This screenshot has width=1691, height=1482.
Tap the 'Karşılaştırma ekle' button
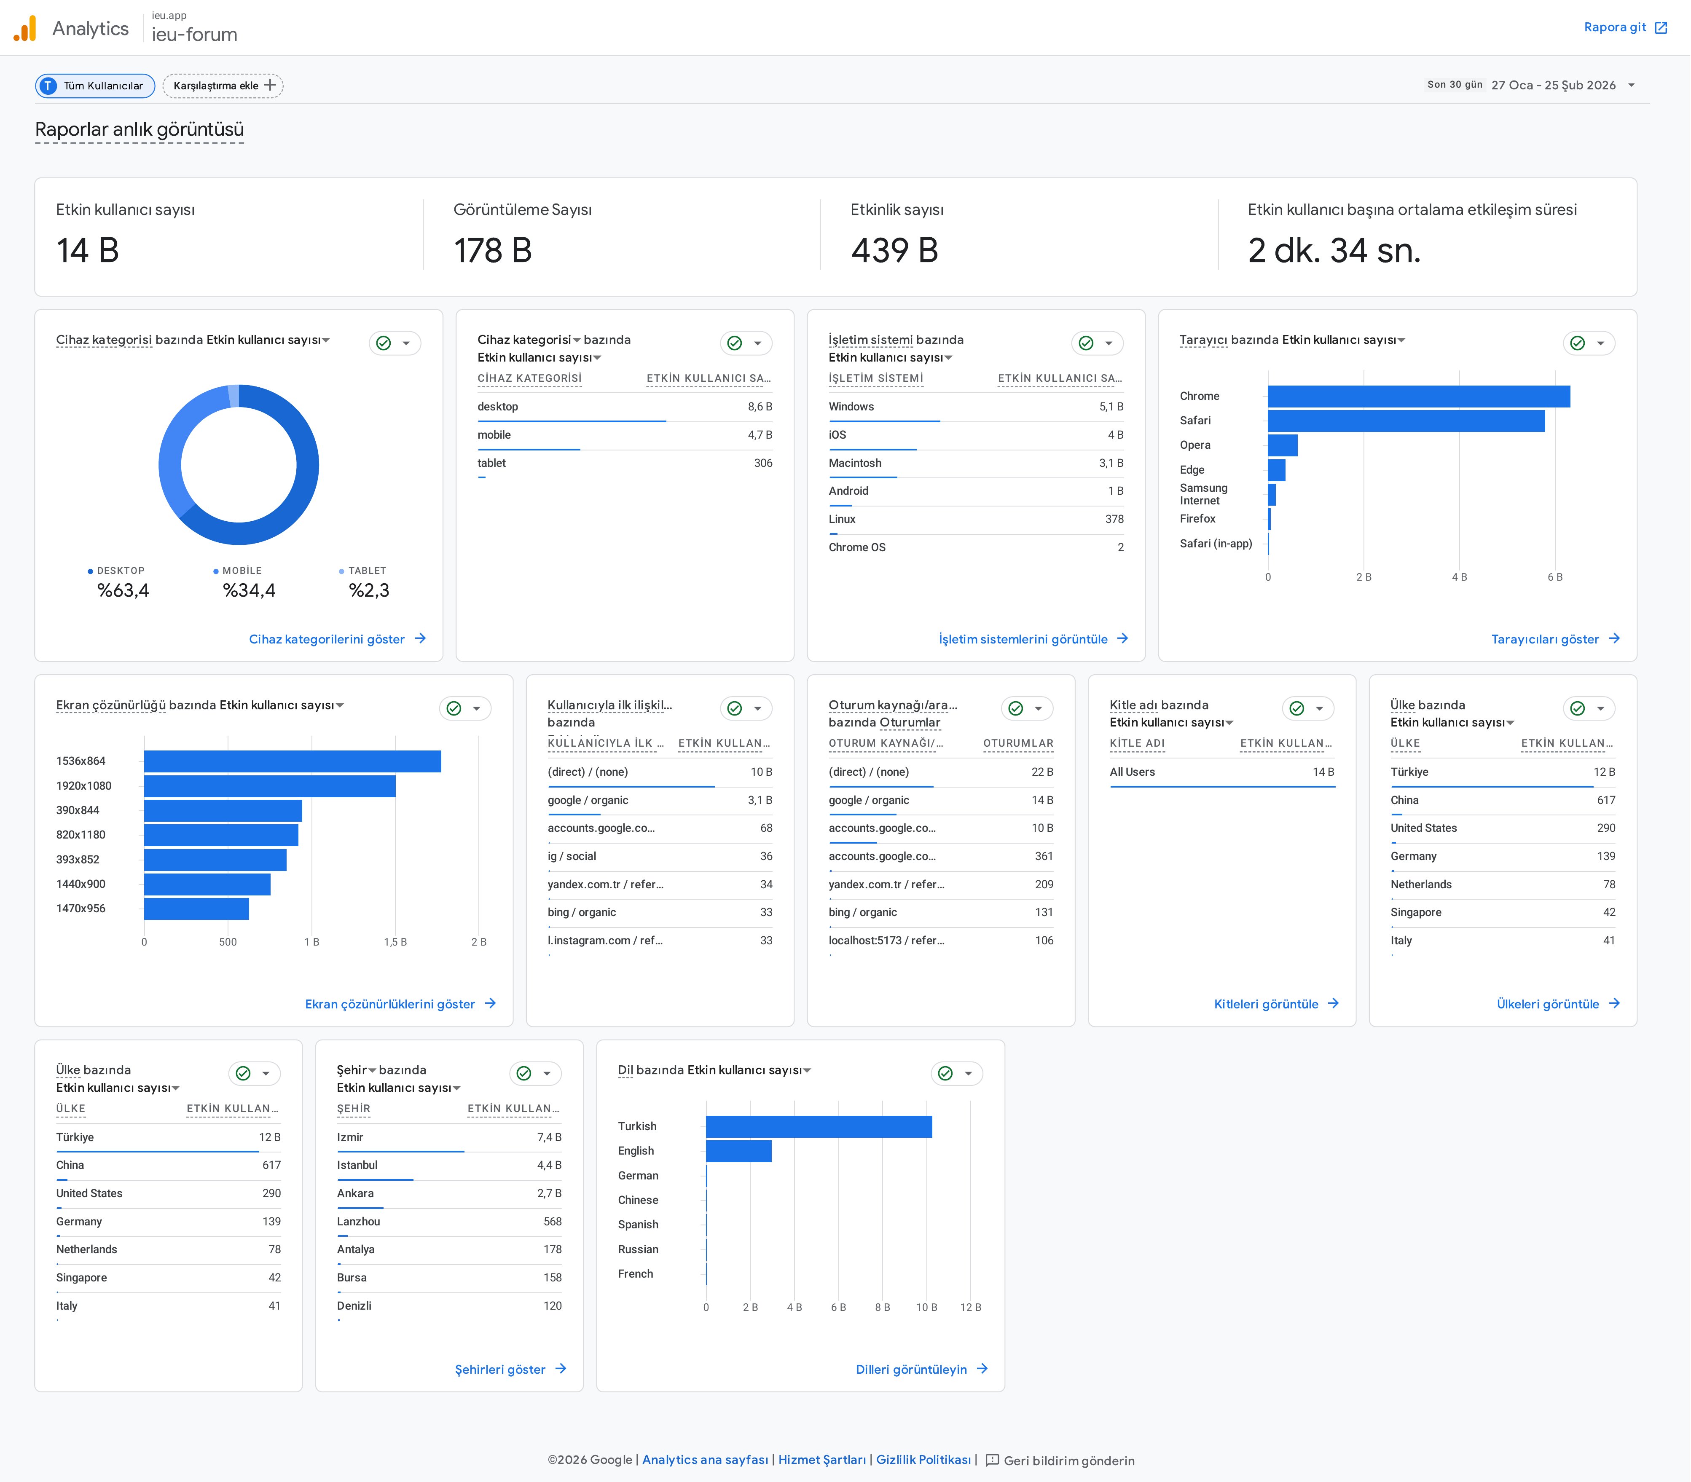(x=223, y=85)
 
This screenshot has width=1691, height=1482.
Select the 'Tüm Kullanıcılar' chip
(x=95, y=85)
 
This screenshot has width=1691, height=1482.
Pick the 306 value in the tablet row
(x=763, y=463)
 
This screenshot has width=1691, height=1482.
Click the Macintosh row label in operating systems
(x=855, y=463)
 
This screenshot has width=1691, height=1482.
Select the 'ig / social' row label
(x=572, y=856)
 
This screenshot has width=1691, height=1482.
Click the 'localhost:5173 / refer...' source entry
(x=886, y=940)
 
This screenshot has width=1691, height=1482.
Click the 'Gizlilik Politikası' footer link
(x=923, y=1460)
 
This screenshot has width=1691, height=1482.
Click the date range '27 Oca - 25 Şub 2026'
(x=1553, y=85)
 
